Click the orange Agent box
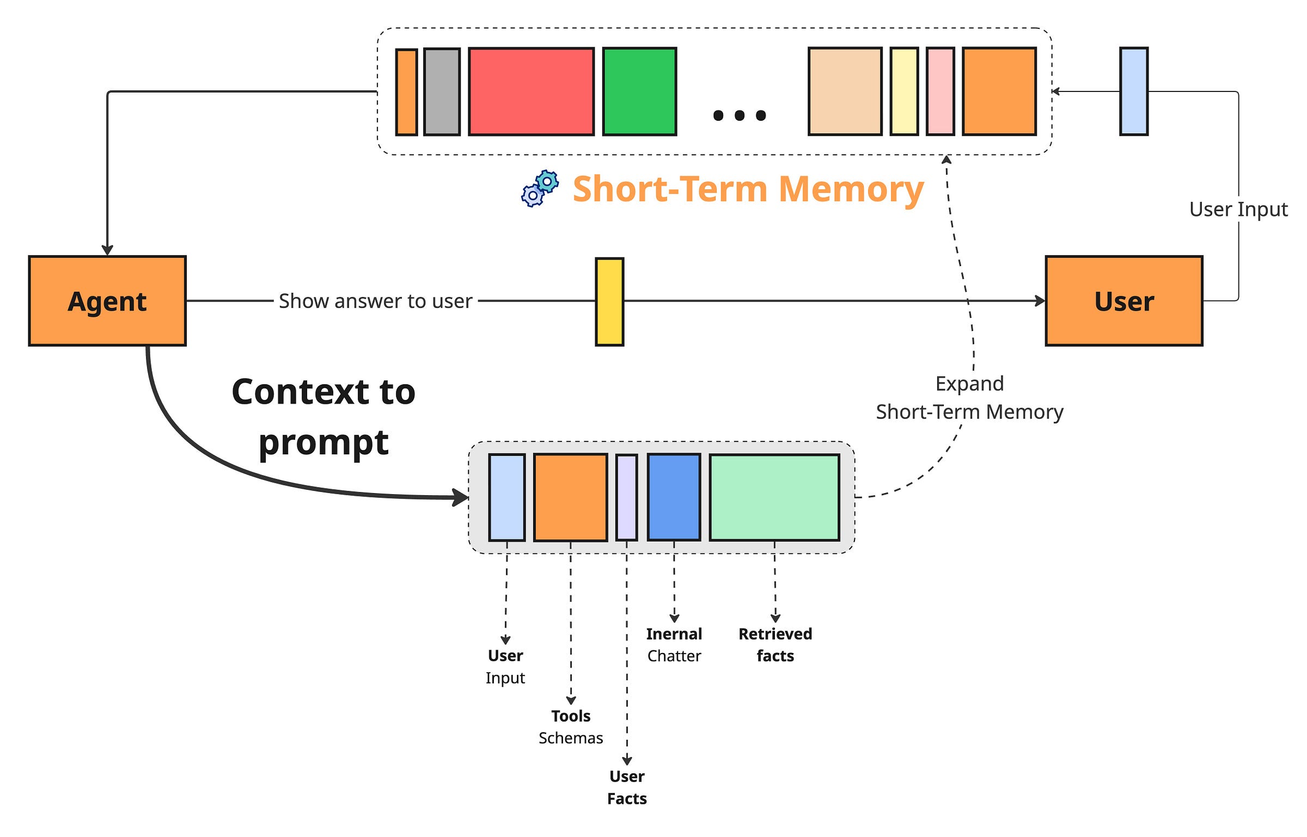(107, 301)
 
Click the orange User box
(1123, 301)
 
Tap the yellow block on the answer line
(609, 302)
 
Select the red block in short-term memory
(531, 91)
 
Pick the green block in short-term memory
(639, 91)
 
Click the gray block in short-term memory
(442, 91)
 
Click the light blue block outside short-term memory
(1133, 91)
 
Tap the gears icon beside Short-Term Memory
(540, 189)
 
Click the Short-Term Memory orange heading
(748, 189)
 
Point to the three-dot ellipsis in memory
(739, 115)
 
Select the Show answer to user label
(375, 301)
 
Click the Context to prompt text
(323, 416)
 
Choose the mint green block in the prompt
(774, 497)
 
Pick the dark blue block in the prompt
(674, 497)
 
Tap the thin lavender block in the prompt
(626, 497)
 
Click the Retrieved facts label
(775, 645)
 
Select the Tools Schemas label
(570, 727)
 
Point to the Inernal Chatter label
(674, 645)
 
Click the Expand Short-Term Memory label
(969, 398)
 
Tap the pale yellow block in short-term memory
(904, 91)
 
